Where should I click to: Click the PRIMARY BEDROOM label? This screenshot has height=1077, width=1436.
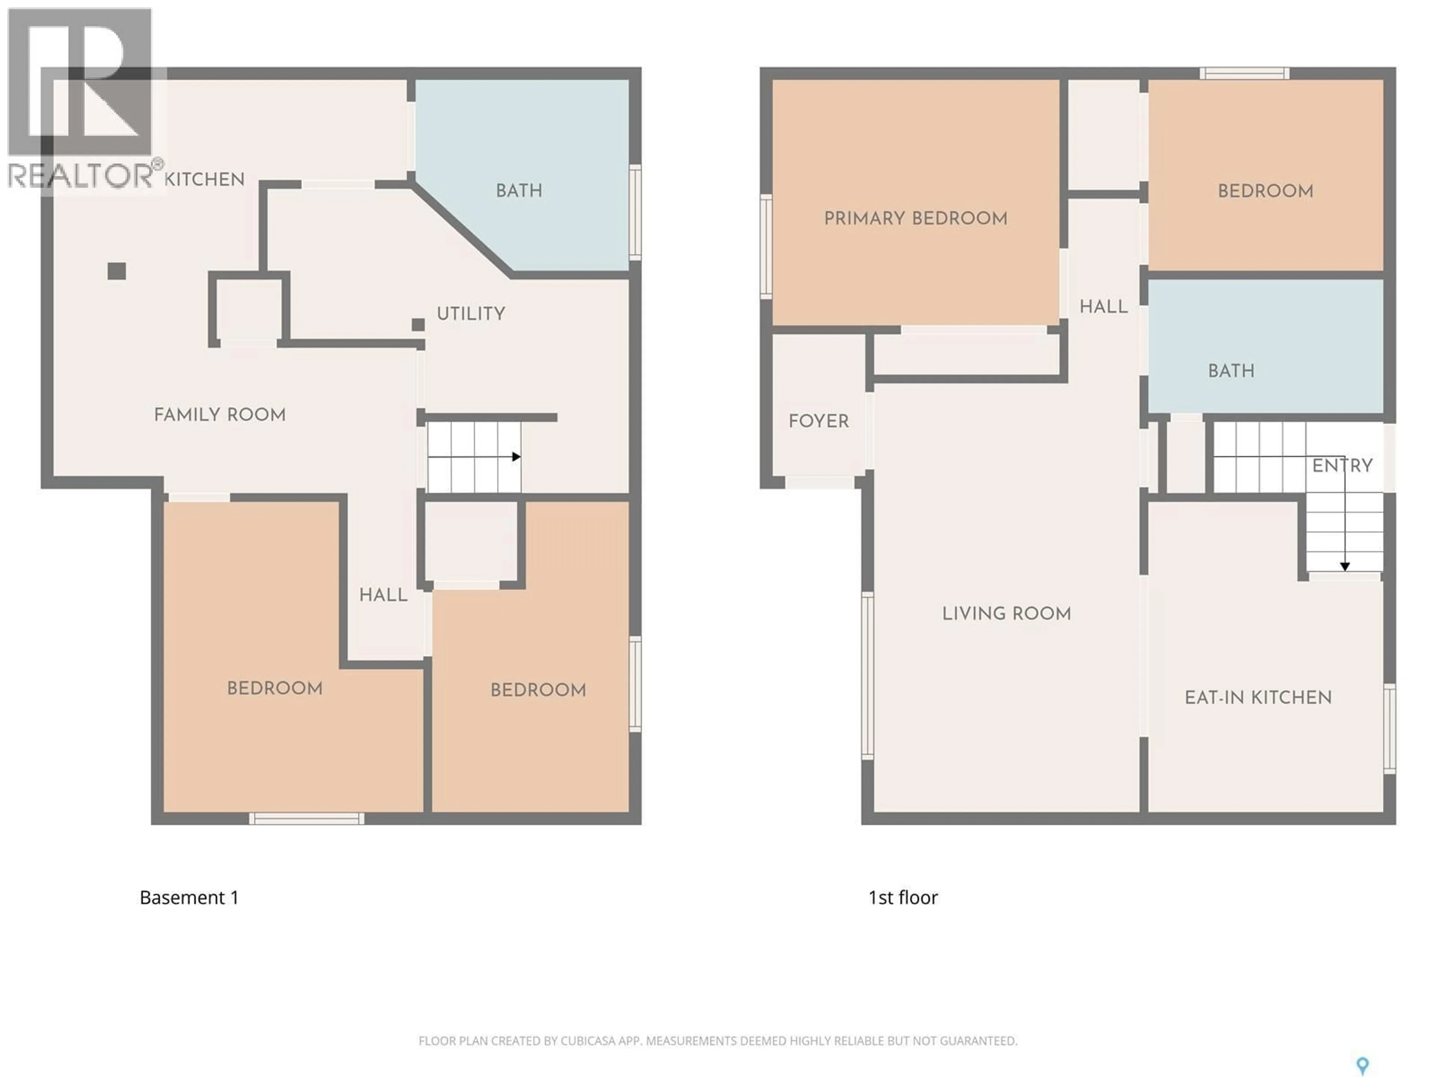[915, 219]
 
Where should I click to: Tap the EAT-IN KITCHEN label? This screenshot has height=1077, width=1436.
[1258, 698]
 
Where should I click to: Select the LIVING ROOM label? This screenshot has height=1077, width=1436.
[1006, 614]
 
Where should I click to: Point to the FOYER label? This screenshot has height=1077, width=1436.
[819, 422]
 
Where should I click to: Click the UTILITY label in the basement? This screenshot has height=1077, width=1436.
[471, 314]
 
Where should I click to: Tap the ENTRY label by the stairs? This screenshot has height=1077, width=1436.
[1342, 466]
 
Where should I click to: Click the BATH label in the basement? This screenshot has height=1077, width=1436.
[519, 191]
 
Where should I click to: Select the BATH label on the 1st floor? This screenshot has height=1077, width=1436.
[1231, 371]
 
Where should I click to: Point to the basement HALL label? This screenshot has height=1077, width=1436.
[383, 595]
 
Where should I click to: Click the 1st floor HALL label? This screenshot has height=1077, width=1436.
[1103, 307]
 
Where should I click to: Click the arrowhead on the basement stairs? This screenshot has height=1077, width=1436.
[516, 457]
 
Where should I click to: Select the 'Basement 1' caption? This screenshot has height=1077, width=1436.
[189, 898]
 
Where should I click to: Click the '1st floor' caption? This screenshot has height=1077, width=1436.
[902, 898]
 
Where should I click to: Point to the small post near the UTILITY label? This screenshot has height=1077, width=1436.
[418, 325]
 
